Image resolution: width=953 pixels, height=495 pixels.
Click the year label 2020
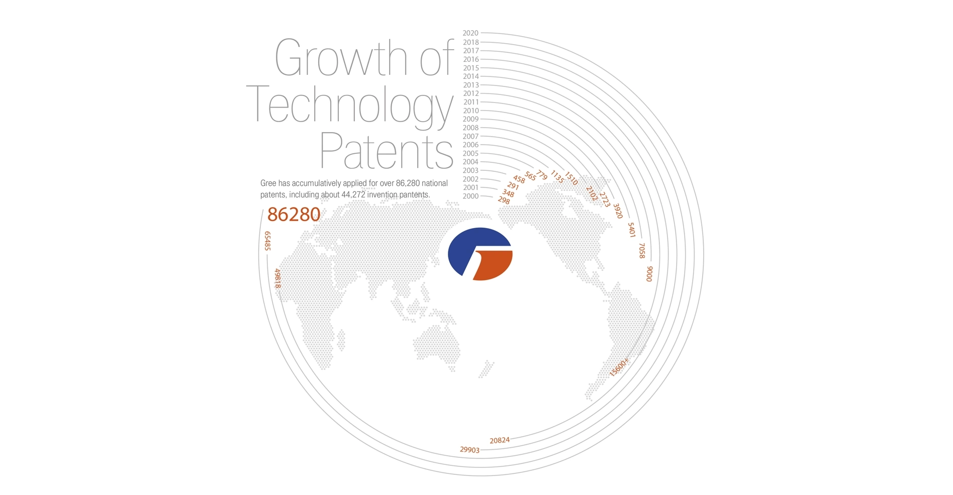(x=470, y=33)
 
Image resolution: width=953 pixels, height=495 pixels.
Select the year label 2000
(x=470, y=196)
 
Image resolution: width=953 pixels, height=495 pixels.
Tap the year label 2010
(x=470, y=111)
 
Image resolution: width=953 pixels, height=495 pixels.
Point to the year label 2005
(x=470, y=153)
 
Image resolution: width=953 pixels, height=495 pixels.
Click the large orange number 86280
(x=294, y=215)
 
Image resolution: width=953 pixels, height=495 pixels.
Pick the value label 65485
(x=267, y=241)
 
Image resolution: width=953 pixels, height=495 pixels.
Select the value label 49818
(x=277, y=278)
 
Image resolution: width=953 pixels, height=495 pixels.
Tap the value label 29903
(x=469, y=450)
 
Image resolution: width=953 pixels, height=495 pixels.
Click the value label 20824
(x=500, y=441)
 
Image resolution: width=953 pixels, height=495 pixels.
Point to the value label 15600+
(x=619, y=367)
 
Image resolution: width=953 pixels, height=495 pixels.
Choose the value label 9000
(x=649, y=274)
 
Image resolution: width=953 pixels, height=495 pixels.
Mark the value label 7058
(x=641, y=251)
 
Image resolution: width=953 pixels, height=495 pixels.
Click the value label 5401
(x=631, y=230)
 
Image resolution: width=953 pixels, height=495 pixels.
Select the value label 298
(x=504, y=201)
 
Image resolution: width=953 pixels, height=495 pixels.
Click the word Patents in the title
(x=387, y=150)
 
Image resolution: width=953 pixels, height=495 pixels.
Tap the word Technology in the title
(x=350, y=106)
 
